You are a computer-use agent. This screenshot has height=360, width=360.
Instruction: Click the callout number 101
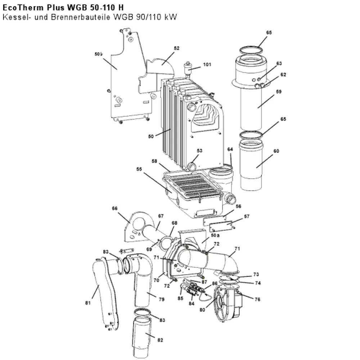coord(207,64)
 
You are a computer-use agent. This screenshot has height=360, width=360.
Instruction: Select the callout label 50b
coord(99,54)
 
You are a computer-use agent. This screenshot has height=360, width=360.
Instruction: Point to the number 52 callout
coord(176,48)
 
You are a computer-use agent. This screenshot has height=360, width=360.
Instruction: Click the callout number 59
coord(279,91)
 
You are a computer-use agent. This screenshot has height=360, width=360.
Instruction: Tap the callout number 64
coord(230,149)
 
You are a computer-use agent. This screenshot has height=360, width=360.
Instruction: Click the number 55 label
coord(139,169)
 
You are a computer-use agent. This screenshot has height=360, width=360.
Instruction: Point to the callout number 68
coord(175,223)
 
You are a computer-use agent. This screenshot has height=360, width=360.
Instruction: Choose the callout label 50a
coord(215,235)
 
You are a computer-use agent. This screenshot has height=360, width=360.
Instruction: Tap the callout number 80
coord(202,310)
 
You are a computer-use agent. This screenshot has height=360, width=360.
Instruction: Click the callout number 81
coord(88,303)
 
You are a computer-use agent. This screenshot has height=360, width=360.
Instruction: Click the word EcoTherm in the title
coord(23,8)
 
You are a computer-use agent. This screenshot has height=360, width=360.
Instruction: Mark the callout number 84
coord(192,303)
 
